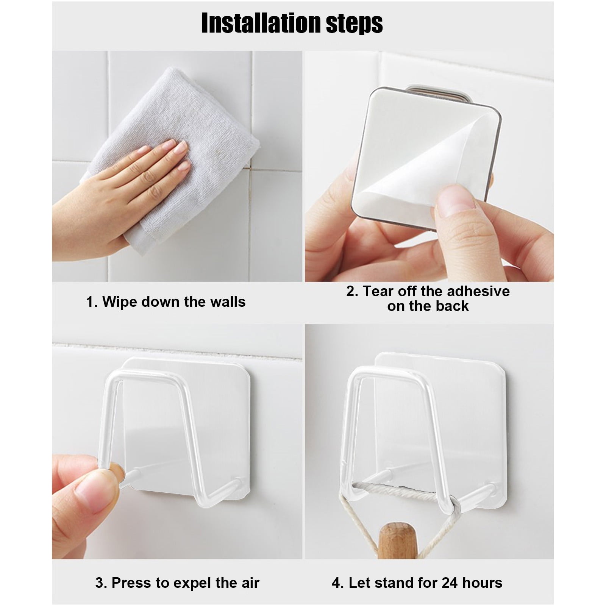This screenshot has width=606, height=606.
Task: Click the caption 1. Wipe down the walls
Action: point(166,302)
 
